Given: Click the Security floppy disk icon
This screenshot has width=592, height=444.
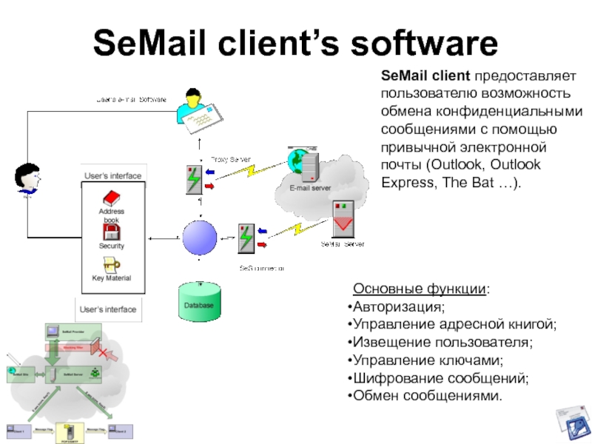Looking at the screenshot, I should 111,232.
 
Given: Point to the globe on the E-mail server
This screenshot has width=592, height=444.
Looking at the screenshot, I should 298,158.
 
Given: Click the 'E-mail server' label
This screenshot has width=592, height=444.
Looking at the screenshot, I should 310,189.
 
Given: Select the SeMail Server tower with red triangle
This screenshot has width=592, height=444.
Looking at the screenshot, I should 343,219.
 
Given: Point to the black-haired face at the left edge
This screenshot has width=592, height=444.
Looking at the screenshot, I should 26,178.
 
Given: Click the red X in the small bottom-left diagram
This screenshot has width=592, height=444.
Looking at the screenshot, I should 108,351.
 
